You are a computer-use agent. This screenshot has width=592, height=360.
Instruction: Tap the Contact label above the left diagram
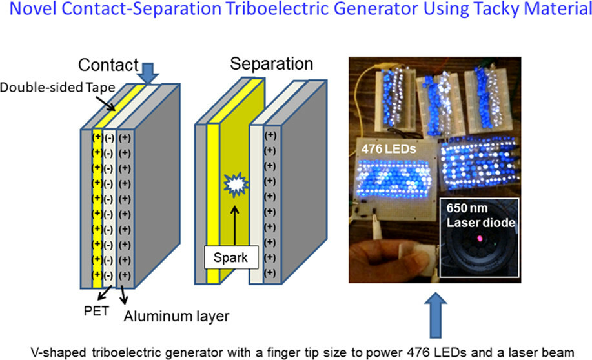click(108, 65)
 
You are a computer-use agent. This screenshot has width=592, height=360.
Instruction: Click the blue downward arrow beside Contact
click(148, 73)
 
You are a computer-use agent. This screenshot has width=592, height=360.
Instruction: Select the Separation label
click(271, 64)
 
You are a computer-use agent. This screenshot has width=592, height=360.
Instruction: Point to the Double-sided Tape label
click(57, 88)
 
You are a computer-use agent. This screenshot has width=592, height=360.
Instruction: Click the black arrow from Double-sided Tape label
click(106, 103)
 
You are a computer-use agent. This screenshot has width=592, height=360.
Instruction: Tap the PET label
click(96, 311)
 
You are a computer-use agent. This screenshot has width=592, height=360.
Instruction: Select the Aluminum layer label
click(176, 316)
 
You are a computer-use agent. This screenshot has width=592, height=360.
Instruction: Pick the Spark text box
click(231, 257)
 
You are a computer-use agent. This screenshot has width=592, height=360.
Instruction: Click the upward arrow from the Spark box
click(234, 226)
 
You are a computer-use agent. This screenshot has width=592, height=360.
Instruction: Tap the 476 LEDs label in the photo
click(389, 149)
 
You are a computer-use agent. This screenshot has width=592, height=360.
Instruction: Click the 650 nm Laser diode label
click(480, 215)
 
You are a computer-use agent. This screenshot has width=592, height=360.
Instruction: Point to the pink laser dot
click(480, 239)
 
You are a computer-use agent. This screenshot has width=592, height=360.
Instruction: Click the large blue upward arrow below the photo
click(436, 315)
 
